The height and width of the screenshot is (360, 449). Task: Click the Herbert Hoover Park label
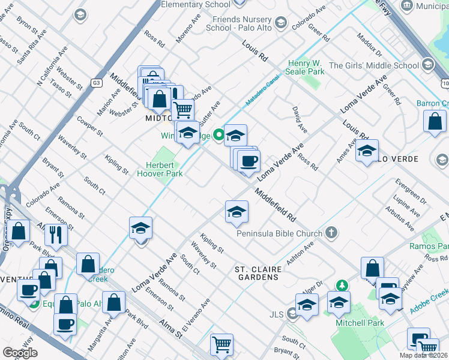point(160,170)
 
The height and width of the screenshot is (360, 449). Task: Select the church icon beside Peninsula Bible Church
point(331,233)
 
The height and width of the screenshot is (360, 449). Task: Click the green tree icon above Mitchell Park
point(342,285)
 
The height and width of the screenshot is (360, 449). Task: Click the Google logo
point(20,353)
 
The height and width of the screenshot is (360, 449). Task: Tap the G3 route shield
point(95,83)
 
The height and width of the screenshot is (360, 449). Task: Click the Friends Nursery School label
point(239,23)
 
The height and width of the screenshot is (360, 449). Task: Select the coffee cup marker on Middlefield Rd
point(248,160)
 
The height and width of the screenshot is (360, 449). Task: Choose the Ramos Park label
point(429,246)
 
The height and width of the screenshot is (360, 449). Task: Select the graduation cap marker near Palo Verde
point(367,151)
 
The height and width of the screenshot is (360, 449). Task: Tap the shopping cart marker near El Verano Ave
point(221,344)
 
